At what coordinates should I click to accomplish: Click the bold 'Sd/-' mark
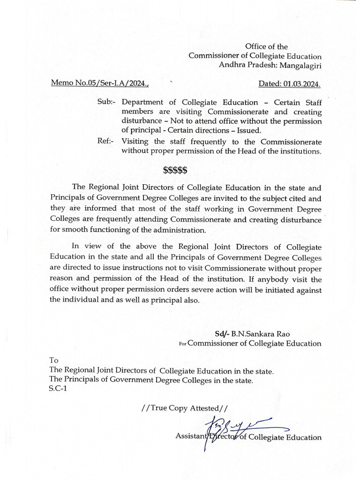(x=222, y=334)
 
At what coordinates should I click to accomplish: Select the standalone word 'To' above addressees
(x=54, y=360)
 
